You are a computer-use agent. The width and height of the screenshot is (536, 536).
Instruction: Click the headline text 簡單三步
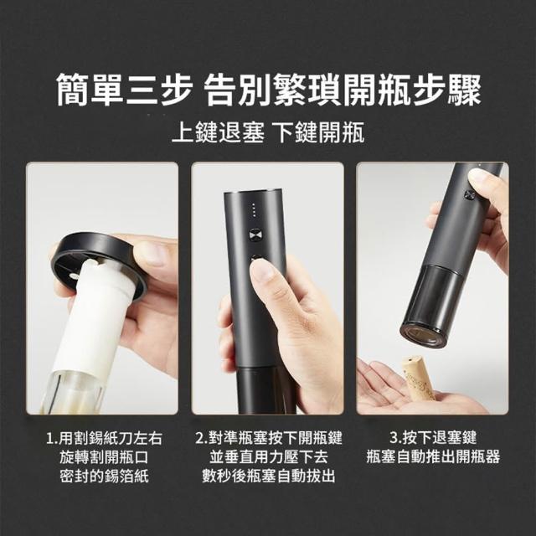124,90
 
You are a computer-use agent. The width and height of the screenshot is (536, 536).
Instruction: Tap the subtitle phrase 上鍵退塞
218,132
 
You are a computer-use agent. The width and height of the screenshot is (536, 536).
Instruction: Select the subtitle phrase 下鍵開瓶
320,132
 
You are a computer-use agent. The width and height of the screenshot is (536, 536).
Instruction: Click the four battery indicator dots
253,210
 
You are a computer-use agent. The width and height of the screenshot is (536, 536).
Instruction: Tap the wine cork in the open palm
418,379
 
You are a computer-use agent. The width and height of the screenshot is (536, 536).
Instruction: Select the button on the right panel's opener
469,195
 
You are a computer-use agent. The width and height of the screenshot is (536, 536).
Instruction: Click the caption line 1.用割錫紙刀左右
104,438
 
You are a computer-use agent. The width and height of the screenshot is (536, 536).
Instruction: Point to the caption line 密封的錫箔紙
104,477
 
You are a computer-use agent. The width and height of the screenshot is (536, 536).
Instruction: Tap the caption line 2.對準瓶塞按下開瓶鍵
269,438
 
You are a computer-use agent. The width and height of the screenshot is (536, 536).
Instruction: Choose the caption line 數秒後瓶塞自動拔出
269,477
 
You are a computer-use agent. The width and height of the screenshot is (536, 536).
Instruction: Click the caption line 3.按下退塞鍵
433,437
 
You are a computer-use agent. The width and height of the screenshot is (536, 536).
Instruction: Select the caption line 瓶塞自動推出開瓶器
433,456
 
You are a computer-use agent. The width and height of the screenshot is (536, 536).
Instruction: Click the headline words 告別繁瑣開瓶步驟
343,90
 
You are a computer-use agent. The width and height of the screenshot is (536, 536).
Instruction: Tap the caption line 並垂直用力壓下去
269,457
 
